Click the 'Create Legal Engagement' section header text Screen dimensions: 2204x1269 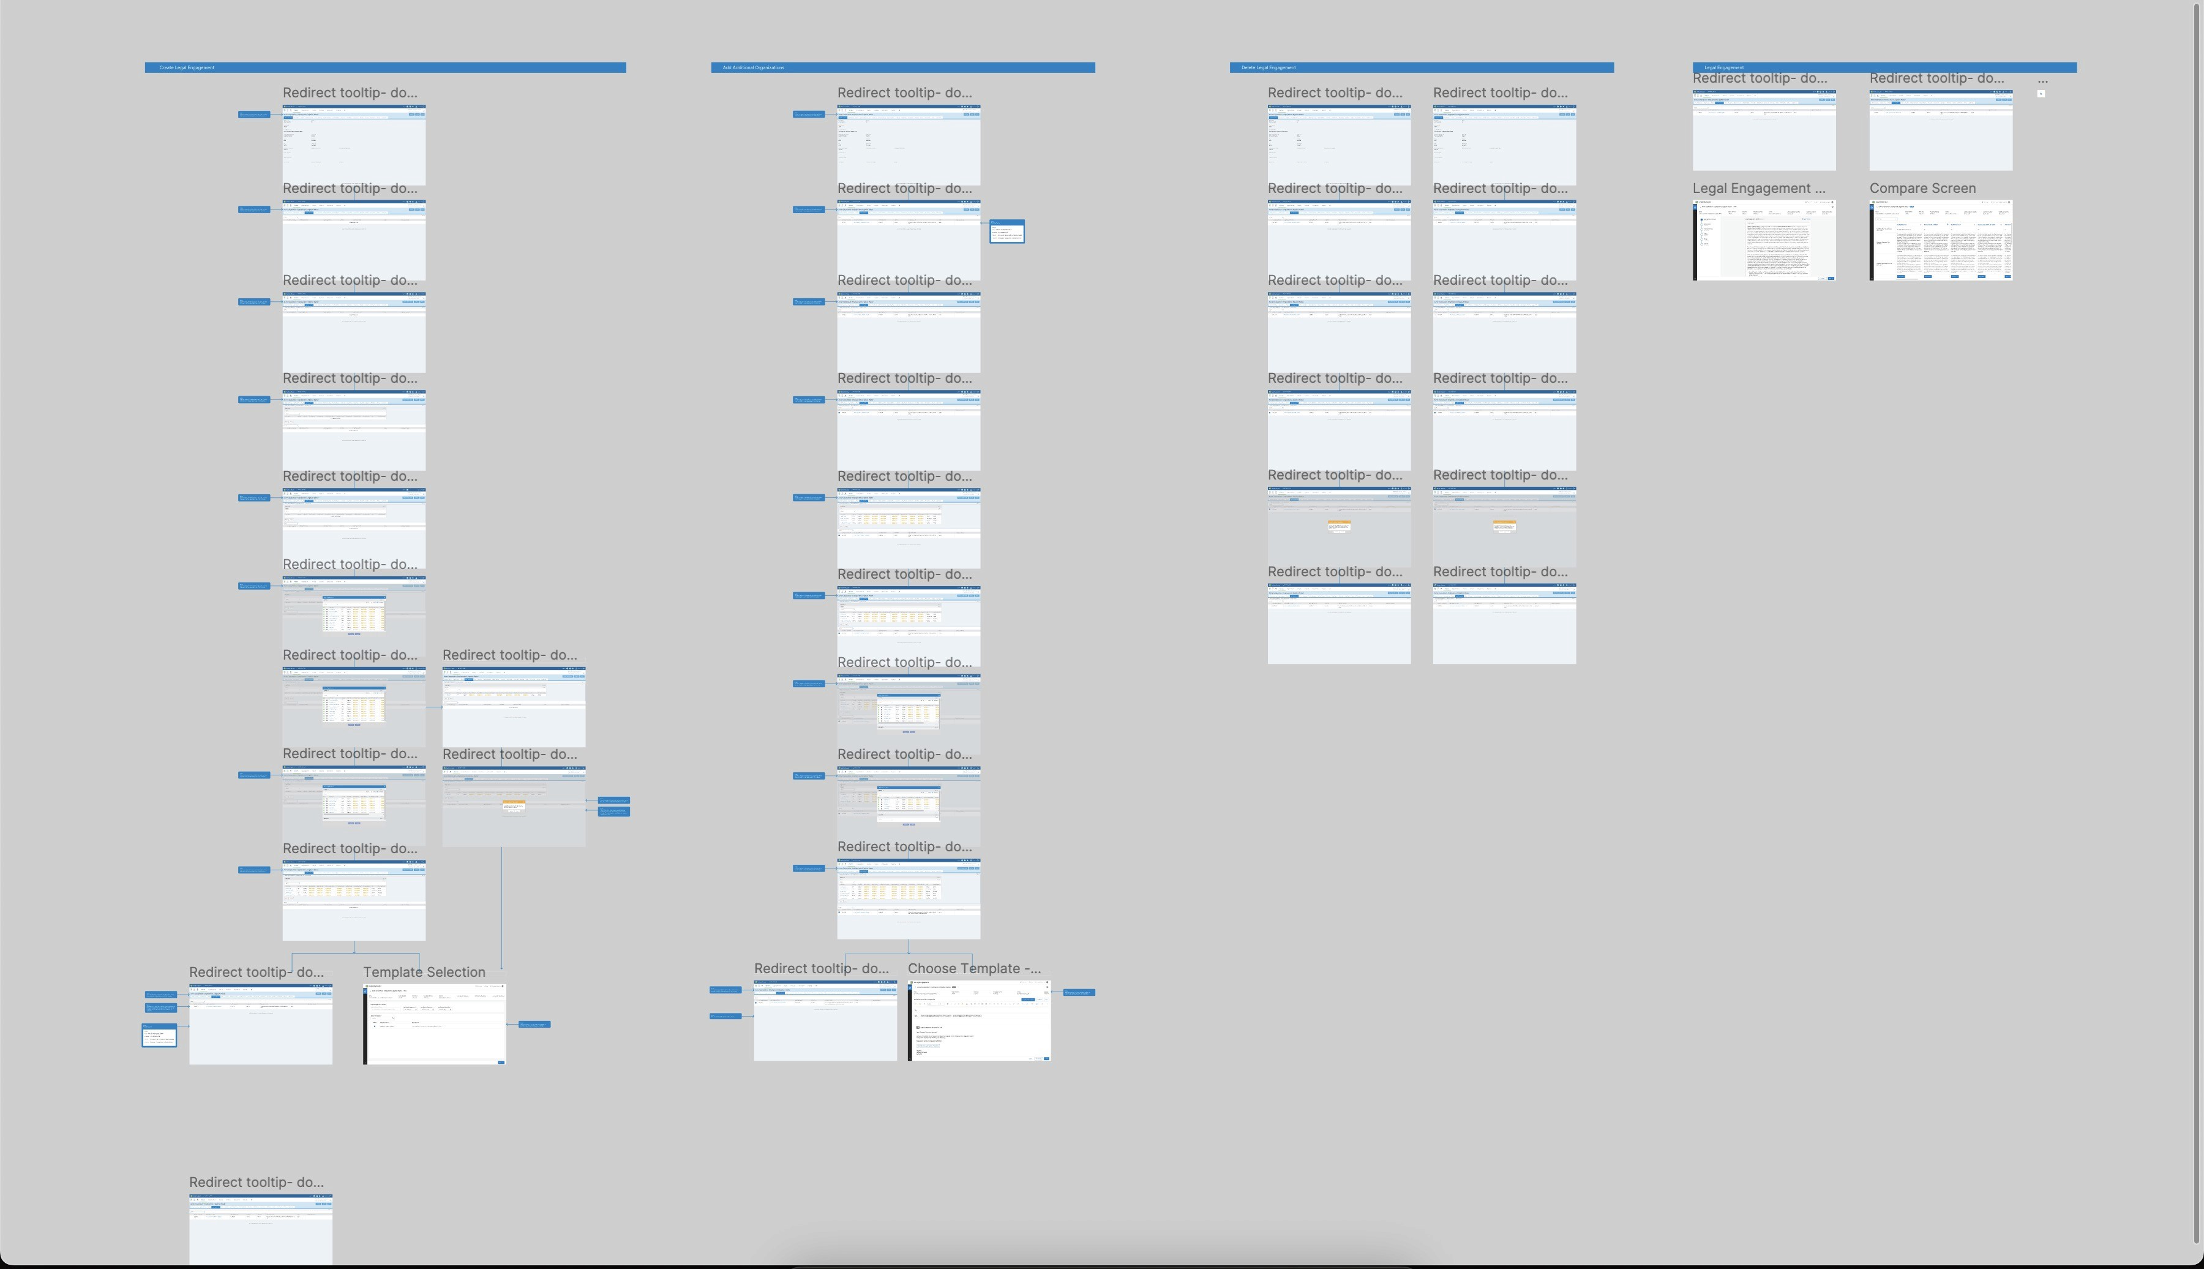coord(187,67)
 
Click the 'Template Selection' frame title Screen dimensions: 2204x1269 coord(424,972)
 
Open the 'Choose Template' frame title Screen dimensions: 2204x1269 coord(973,968)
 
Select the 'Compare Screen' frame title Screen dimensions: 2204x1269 coord(1922,188)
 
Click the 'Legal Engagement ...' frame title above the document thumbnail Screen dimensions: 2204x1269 coord(1758,188)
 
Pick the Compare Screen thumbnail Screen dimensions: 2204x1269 coord(1940,241)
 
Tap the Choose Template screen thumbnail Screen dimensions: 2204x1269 coord(978,1020)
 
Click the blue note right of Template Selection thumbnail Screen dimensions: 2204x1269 coord(534,1024)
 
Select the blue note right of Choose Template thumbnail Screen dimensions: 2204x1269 coord(1079,992)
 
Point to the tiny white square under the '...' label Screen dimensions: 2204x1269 coord(2040,93)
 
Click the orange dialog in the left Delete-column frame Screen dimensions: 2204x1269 coord(1338,525)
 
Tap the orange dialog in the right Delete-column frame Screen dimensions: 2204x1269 coord(1504,525)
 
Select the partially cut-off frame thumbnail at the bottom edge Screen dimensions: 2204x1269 coord(260,1230)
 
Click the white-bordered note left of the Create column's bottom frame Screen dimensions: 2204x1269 coord(159,1036)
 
